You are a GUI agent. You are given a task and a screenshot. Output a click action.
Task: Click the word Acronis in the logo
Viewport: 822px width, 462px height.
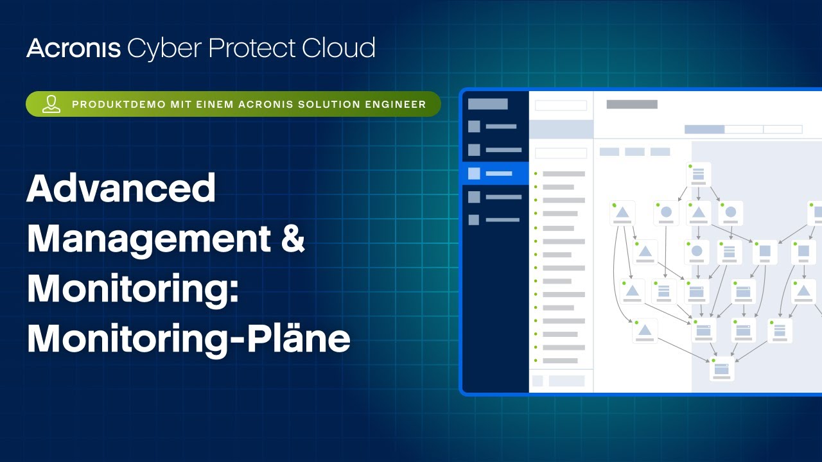pos(73,48)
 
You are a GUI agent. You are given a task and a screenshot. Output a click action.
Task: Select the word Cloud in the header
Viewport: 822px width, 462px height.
pos(338,47)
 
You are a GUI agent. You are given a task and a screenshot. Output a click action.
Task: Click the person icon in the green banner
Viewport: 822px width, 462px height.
pos(51,104)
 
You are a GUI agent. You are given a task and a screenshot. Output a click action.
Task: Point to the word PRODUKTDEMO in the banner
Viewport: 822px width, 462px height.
pos(119,105)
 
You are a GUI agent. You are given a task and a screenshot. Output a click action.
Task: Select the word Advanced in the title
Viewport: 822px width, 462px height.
pos(121,188)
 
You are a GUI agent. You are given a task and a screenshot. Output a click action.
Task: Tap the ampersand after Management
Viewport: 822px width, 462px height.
pos(293,237)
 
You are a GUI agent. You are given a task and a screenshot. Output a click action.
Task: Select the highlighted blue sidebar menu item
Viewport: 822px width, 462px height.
pos(495,173)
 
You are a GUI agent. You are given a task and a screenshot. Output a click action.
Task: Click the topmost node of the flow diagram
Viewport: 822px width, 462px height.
pos(698,175)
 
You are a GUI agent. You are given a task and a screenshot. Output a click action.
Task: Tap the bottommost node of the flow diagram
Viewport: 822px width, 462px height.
pos(722,368)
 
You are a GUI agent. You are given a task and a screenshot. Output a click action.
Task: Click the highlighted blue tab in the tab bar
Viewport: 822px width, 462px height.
pos(704,129)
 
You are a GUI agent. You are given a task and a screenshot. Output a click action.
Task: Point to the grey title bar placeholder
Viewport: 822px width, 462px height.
pos(632,105)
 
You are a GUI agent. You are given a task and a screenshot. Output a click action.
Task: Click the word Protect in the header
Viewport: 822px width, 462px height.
pos(252,48)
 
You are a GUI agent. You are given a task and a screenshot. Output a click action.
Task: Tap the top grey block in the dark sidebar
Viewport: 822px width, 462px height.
pos(487,104)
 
